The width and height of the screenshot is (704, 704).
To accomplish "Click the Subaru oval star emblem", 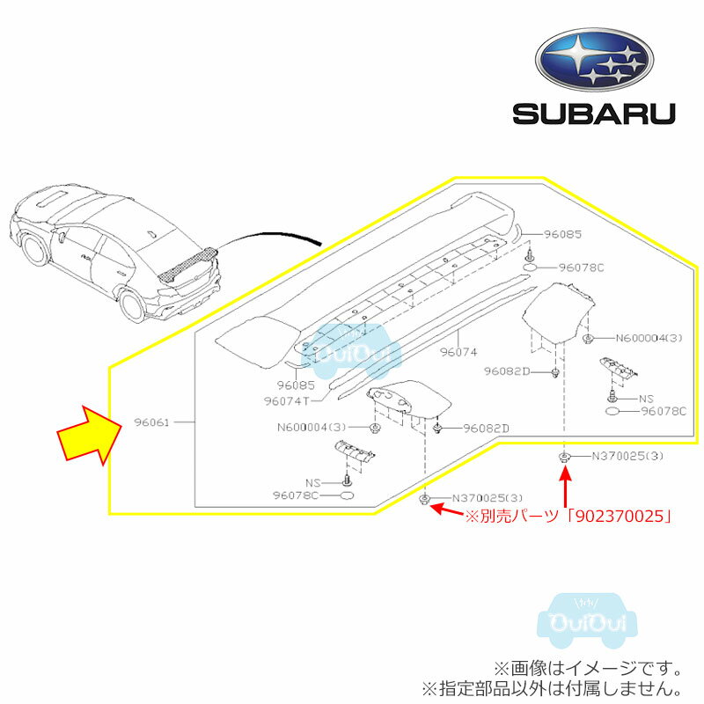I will pyautogui.click(x=595, y=61).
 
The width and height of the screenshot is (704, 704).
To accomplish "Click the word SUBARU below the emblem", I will pyautogui.click(x=595, y=114).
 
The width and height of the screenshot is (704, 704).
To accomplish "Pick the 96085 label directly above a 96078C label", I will pyautogui.click(x=563, y=235).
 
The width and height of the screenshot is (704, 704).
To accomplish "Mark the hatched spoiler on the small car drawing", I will pyautogui.click(x=186, y=265).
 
